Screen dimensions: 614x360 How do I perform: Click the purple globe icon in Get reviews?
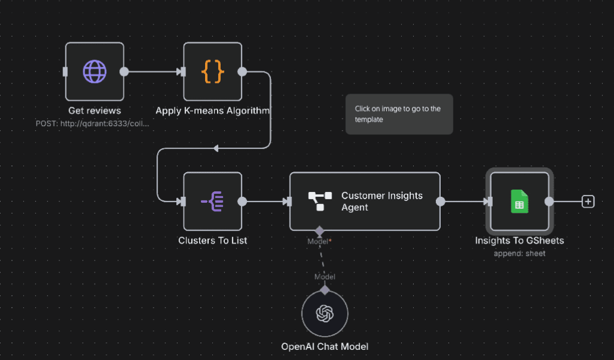(x=95, y=71)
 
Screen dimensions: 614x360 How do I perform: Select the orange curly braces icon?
(x=213, y=71)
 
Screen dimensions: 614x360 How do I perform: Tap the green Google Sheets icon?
(x=520, y=202)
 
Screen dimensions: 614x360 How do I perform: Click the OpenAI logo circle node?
(x=324, y=313)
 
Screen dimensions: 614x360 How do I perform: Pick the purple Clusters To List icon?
(x=213, y=202)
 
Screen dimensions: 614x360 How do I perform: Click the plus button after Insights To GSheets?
(x=588, y=202)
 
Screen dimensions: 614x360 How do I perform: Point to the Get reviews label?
(x=95, y=110)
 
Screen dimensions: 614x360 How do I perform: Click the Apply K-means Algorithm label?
(x=213, y=110)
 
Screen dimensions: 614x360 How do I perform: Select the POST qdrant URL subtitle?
(x=92, y=124)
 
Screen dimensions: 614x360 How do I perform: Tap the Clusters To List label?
(x=213, y=241)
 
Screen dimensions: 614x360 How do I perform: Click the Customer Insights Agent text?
(x=382, y=202)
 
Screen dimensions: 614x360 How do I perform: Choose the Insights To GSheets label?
(x=520, y=241)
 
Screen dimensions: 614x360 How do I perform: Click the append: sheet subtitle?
(x=520, y=253)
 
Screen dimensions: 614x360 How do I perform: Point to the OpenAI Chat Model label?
(x=324, y=347)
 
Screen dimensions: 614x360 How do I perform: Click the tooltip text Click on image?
(x=398, y=114)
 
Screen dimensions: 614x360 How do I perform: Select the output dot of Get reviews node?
(x=124, y=71)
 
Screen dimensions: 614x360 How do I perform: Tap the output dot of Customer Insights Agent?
(x=441, y=202)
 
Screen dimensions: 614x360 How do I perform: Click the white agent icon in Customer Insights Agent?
(x=320, y=202)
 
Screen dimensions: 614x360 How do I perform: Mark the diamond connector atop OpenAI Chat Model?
(x=324, y=290)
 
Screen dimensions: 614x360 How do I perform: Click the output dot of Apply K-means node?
(x=242, y=71)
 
